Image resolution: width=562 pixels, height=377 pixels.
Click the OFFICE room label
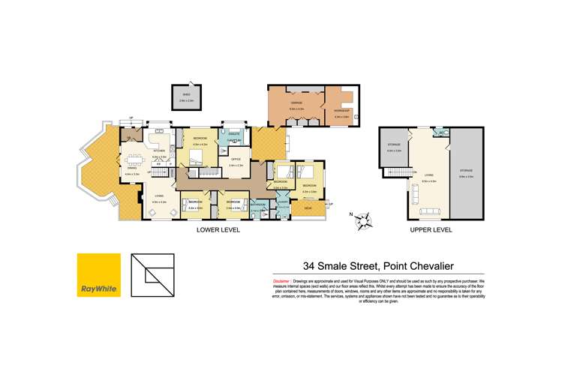point(235,159)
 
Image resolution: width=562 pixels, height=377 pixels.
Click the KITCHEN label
point(159,151)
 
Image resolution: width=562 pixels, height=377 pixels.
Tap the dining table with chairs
point(135,158)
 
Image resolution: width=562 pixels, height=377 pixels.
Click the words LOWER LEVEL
point(218,230)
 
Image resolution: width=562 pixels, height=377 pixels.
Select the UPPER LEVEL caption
point(431,230)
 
